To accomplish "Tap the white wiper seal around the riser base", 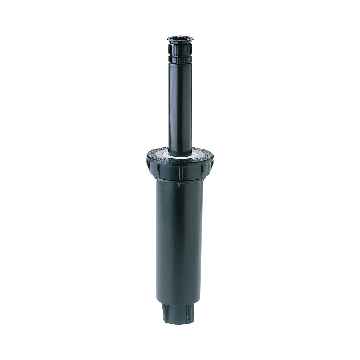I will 179,155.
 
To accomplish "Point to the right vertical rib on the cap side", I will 198,170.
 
